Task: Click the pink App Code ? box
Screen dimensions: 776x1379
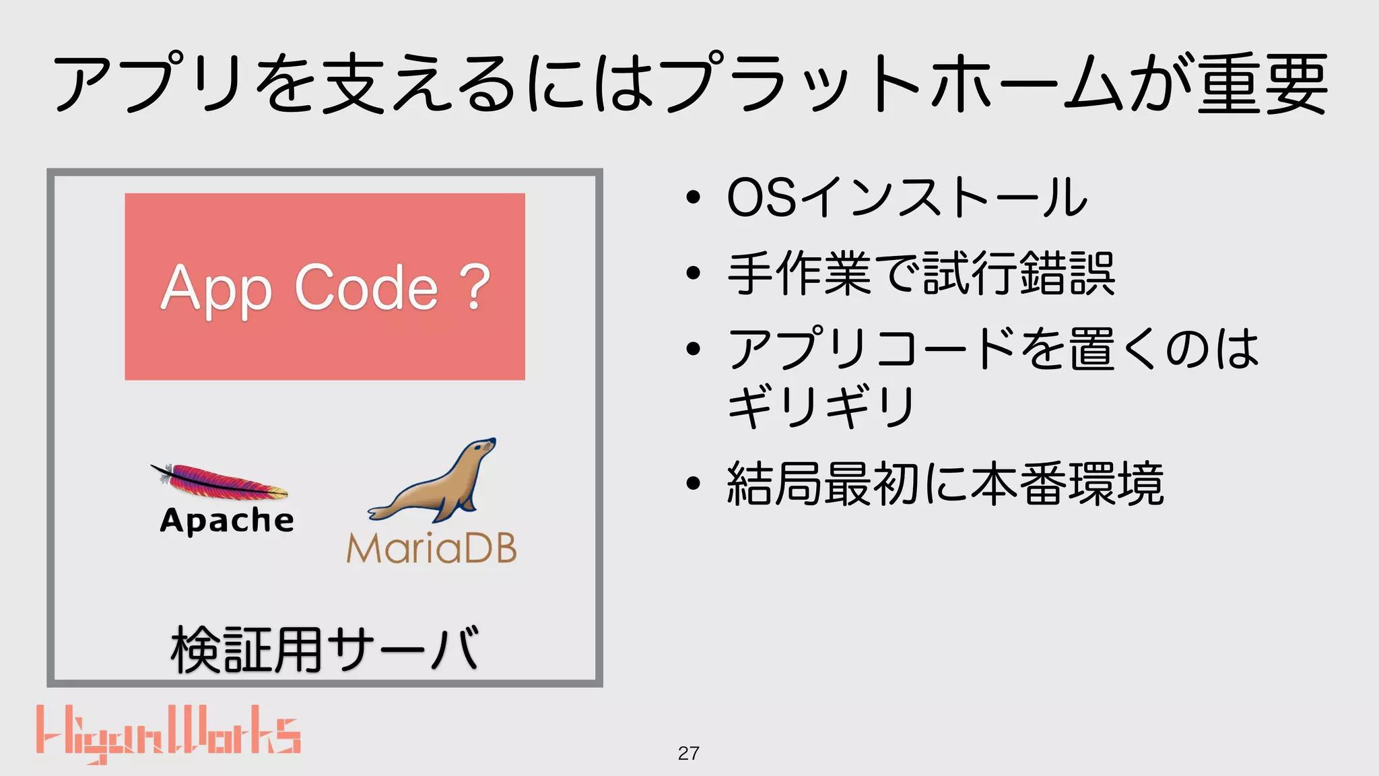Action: pyautogui.click(x=325, y=222)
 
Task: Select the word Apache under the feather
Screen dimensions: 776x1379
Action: pyautogui.click(x=227, y=521)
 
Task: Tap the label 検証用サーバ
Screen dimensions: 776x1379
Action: pyautogui.click(x=325, y=649)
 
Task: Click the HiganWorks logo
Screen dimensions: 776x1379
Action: pyautogui.click(x=168, y=734)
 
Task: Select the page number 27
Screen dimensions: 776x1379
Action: pyautogui.click(x=688, y=753)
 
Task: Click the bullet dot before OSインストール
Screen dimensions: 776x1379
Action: pyautogui.click(x=693, y=198)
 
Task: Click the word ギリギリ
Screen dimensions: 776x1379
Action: pyautogui.click(x=821, y=407)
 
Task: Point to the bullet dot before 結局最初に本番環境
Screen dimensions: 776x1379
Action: pyautogui.click(x=693, y=484)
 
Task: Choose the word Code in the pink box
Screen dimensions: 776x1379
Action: pyautogui.click(x=367, y=288)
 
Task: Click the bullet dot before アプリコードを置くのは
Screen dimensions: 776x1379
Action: pyautogui.click(x=693, y=349)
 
